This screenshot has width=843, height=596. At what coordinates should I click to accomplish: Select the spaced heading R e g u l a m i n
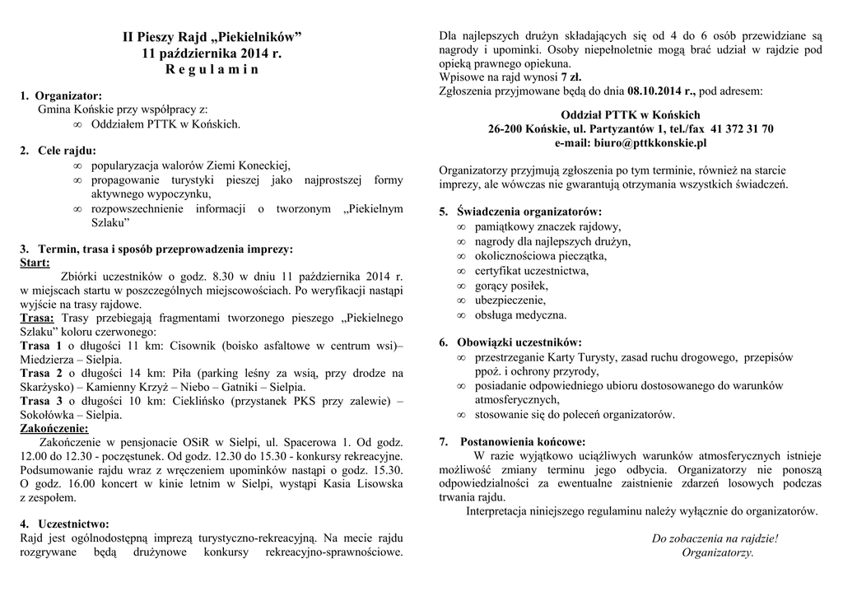pyautogui.click(x=212, y=70)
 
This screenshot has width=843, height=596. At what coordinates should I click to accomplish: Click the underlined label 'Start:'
pyautogui.click(x=35, y=263)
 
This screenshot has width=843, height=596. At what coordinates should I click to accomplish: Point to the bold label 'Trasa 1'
pyautogui.click(x=40, y=346)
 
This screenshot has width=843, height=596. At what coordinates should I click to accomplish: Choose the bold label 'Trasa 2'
pyautogui.click(x=40, y=373)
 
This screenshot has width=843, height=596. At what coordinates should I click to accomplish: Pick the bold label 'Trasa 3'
pyautogui.click(x=40, y=401)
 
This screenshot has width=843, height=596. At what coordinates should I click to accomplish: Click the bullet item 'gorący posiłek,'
pyautogui.click(x=511, y=285)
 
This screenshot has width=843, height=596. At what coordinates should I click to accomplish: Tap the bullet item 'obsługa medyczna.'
pyautogui.click(x=520, y=314)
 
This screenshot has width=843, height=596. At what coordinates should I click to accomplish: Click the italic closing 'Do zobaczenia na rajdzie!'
pyautogui.click(x=715, y=539)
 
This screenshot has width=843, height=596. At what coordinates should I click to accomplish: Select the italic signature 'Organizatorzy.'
pyautogui.click(x=718, y=552)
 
